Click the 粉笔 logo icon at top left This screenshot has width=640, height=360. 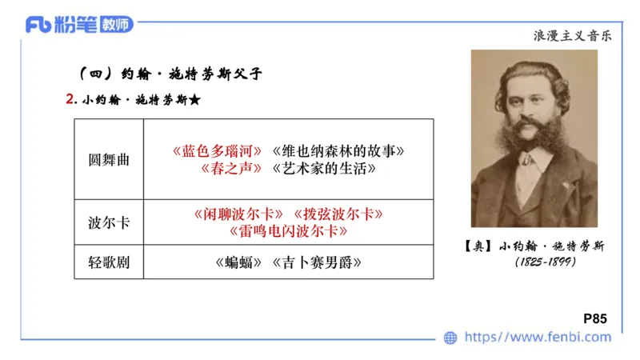coord(39,25)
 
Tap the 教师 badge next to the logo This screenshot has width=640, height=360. coord(117,25)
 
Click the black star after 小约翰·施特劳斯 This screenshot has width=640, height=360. coord(194,101)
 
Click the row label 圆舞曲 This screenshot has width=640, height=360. coord(109,159)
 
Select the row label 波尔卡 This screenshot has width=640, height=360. coord(109,222)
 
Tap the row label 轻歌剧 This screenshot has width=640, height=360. coord(109,262)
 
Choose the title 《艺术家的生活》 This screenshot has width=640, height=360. coord(324,169)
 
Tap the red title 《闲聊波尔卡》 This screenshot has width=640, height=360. coord(238,214)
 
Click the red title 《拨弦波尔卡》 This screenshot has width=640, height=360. coord(338,214)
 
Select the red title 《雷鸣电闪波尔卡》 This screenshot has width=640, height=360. coord(288,231)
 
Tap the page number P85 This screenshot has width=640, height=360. coord(596,318)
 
